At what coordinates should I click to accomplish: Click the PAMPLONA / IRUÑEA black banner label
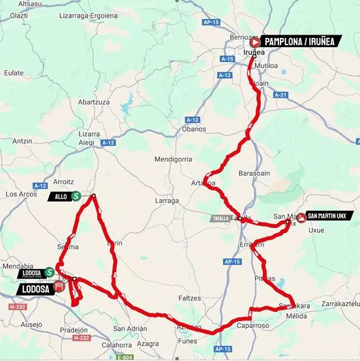[299, 41]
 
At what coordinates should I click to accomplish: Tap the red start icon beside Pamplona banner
[256, 41]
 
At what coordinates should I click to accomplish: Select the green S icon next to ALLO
[76, 196]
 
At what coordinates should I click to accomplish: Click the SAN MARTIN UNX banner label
[331, 215]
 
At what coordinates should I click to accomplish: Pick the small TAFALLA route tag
[220, 219]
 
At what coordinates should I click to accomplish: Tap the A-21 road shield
[281, 95]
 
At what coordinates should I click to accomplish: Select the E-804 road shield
[123, 357]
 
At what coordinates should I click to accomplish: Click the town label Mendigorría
[173, 159]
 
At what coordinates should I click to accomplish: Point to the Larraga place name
[167, 200]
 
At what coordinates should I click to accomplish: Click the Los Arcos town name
[20, 194]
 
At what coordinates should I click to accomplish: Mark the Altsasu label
[13, 4]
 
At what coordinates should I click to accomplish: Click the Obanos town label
[194, 129]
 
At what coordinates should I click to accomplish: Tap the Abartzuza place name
[93, 102]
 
